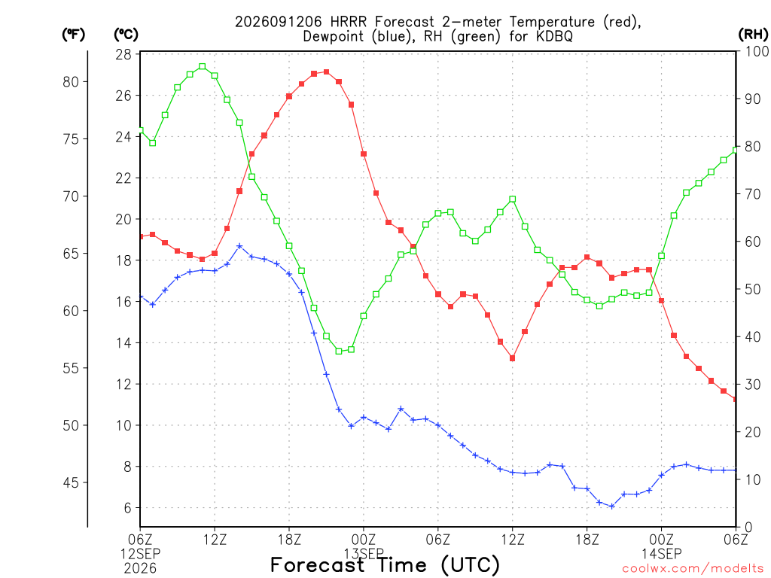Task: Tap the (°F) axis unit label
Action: pyautogui.click(x=73, y=35)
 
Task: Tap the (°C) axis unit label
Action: pyautogui.click(x=126, y=35)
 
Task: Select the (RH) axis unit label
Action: pyautogui.click(x=753, y=34)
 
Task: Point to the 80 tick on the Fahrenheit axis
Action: pyautogui.click(x=71, y=82)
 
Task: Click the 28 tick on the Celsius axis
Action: pyautogui.click(x=123, y=54)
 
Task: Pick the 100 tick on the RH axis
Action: pyautogui.click(x=757, y=51)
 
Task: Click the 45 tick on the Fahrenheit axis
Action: pyautogui.click(x=71, y=482)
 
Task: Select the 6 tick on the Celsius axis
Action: pyautogui.click(x=127, y=508)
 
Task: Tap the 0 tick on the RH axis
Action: pyautogui.click(x=748, y=528)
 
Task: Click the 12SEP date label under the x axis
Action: pyautogui.click(x=141, y=554)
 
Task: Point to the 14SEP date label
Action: pyautogui.click(x=661, y=554)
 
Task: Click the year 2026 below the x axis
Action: pyautogui.click(x=141, y=569)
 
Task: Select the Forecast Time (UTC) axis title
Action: pyautogui.click(x=385, y=565)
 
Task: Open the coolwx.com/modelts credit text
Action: pyautogui.click(x=693, y=569)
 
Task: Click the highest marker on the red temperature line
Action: pyautogui.click(x=327, y=72)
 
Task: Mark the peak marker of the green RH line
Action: pyautogui.click(x=202, y=66)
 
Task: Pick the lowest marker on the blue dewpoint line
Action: pyautogui.click(x=611, y=507)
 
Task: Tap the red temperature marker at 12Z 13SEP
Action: pyautogui.click(x=512, y=358)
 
